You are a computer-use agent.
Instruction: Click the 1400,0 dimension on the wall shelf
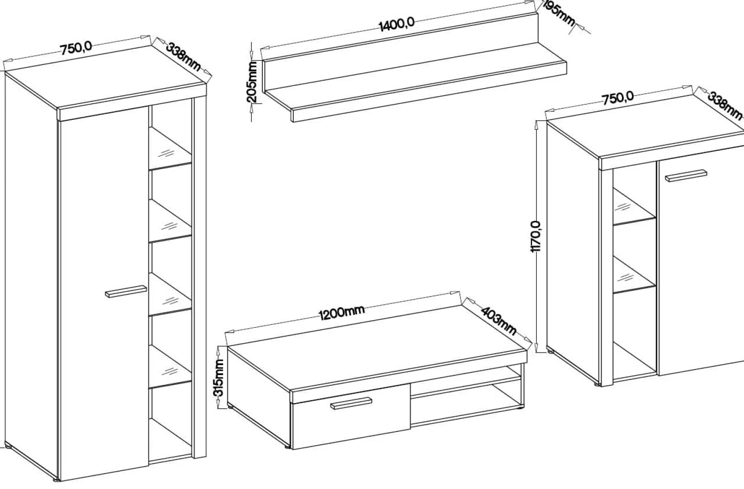[x=397, y=25]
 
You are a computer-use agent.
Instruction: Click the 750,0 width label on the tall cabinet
[x=76, y=48]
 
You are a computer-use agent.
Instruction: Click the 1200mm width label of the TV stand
[x=342, y=312]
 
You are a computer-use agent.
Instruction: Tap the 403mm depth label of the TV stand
[x=498, y=321]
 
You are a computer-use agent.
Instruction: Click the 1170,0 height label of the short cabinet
[x=536, y=236]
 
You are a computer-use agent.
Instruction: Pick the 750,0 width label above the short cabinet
[x=618, y=98]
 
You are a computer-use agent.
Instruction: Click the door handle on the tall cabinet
[x=126, y=291]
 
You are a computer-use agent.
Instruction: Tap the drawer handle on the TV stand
[x=351, y=403]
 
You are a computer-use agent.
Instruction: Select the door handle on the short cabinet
[x=686, y=176]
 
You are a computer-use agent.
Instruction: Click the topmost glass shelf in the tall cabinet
[x=170, y=149]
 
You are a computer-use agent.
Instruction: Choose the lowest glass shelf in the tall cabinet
[x=170, y=367]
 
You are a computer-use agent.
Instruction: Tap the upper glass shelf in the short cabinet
[x=634, y=207]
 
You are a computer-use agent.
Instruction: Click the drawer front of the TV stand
[x=351, y=416]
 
